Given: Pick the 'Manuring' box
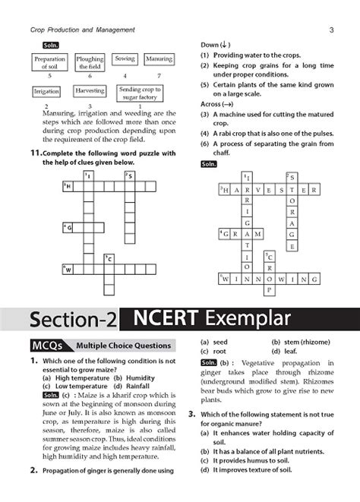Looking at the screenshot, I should [159, 59].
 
